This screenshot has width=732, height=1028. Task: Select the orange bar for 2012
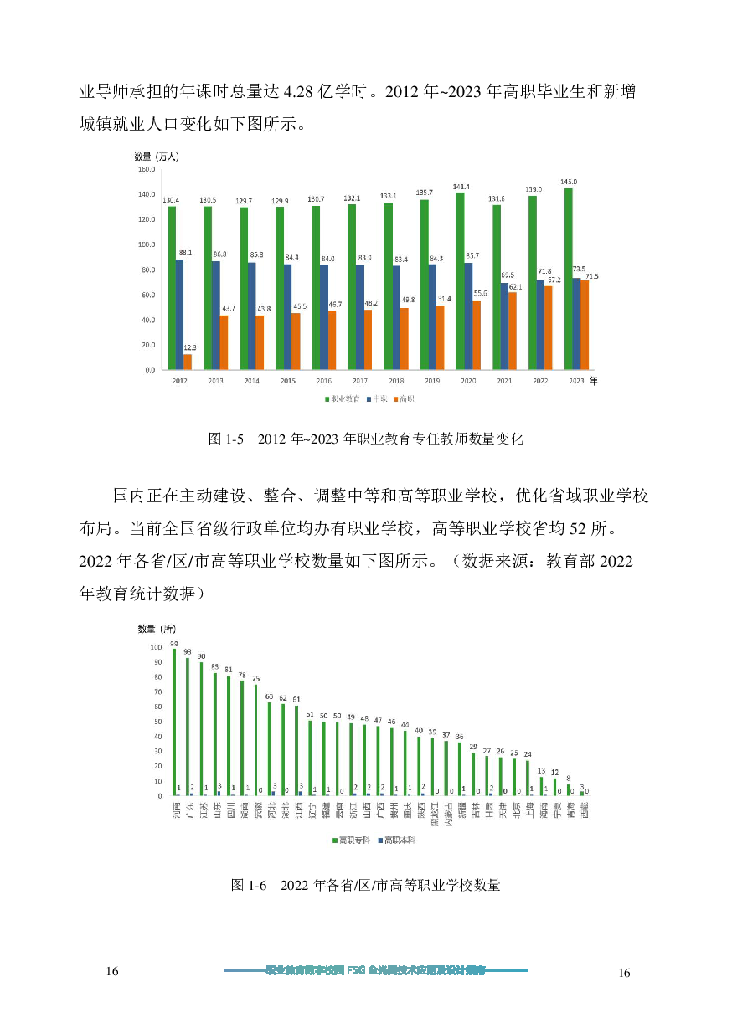click(x=188, y=362)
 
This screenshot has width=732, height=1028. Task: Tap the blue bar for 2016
click(x=324, y=317)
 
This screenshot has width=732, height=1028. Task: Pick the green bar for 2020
click(x=460, y=281)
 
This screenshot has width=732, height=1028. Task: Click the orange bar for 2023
click(x=585, y=325)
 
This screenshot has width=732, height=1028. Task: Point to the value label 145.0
click(x=569, y=182)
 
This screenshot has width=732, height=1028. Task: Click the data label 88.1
click(x=184, y=253)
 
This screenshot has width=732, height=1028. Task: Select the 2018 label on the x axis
click(x=395, y=382)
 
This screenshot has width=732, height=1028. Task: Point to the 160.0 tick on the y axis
click(x=146, y=169)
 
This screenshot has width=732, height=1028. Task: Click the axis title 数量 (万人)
click(x=157, y=156)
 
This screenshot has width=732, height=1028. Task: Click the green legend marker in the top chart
click(x=327, y=400)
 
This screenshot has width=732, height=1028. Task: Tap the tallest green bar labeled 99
click(x=174, y=722)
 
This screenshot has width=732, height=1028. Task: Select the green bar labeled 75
click(x=255, y=740)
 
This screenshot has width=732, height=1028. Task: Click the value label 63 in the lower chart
click(x=269, y=696)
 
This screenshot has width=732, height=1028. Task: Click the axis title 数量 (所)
click(x=157, y=629)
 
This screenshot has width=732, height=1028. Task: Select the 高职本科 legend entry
click(x=398, y=840)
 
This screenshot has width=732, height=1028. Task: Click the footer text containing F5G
click(x=375, y=971)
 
